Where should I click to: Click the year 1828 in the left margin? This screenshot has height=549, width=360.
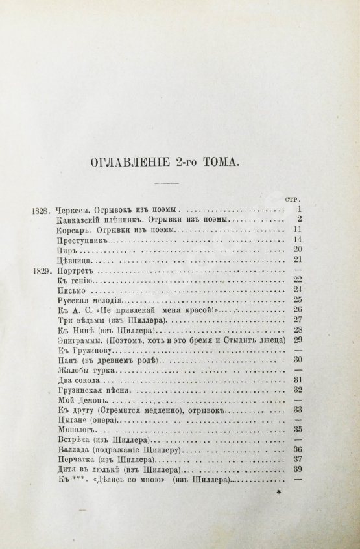(42, 210)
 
